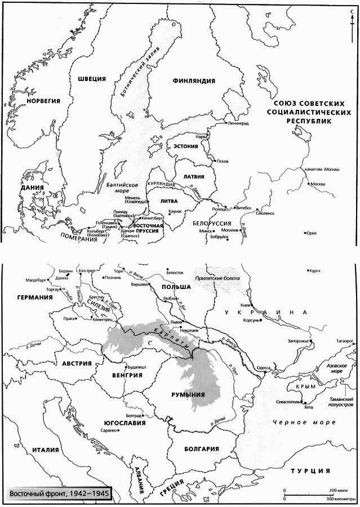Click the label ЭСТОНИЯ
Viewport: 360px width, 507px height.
pos(185,146)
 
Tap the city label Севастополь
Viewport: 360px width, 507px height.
pos(284,404)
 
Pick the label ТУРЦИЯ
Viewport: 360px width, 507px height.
pos(309,470)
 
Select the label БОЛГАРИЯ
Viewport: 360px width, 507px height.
pos(201,449)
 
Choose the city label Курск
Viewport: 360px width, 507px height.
pos(315,270)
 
